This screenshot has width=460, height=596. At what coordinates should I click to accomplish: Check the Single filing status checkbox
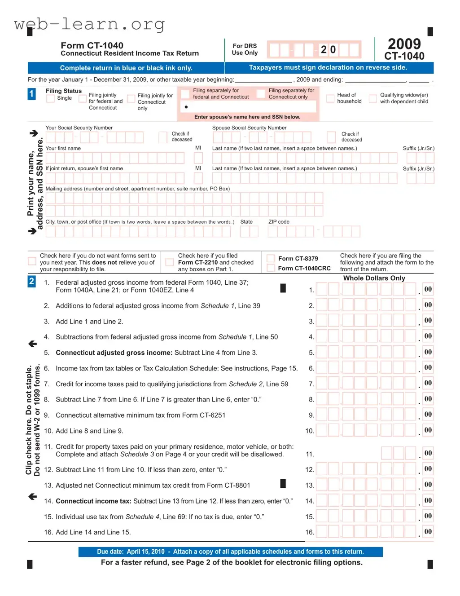click(x=51, y=98)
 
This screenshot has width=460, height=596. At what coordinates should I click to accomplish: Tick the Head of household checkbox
click(x=330, y=98)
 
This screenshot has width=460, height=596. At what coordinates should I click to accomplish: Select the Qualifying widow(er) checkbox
click(x=372, y=98)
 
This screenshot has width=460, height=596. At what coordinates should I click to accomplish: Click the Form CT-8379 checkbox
click(x=271, y=259)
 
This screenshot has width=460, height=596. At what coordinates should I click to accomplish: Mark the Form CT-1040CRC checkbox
click(x=271, y=268)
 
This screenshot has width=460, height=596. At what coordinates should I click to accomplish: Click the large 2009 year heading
click(x=404, y=44)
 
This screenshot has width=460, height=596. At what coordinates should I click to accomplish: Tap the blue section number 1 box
click(x=31, y=94)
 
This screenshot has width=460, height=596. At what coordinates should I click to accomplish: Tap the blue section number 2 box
click(x=31, y=282)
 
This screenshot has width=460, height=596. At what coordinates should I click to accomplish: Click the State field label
click(x=246, y=222)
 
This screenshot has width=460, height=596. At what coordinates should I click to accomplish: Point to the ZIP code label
click(x=279, y=222)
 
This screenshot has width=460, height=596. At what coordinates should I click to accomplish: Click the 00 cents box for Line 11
click(x=428, y=453)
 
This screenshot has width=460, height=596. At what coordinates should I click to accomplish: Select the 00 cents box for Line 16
click(x=428, y=532)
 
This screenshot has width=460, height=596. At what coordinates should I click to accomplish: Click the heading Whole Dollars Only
click(x=374, y=278)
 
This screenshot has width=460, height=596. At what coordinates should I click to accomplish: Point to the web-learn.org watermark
click(x=89, y=24)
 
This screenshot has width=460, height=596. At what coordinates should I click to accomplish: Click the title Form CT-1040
click(x=92, y=45)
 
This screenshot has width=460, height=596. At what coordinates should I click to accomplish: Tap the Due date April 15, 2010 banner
click(x=230, y=552)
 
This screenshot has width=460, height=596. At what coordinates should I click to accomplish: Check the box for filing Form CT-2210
click(x=170, y=262)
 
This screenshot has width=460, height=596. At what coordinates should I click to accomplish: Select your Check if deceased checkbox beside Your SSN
click(x=163, y=137)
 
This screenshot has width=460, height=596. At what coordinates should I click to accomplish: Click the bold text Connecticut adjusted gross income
click(x=114, y=353)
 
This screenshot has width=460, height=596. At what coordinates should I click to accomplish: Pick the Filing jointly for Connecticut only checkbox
click(x=131, y=99)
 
